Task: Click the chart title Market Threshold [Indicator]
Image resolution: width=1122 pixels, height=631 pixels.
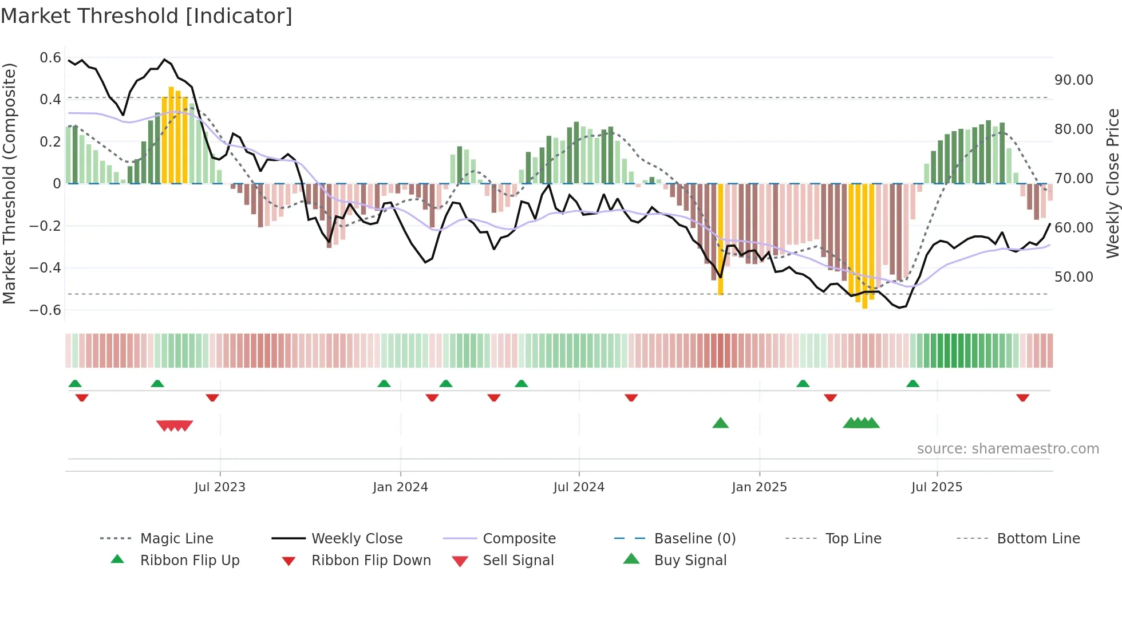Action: tap(147, 16)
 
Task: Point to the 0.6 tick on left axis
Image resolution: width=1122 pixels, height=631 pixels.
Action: tap(50, 58)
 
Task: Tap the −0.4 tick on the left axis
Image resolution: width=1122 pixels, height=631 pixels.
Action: tap(45, 268)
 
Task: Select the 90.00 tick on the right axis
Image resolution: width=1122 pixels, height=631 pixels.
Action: tap(1074, 80)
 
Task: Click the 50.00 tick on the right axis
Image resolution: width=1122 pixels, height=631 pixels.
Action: tap(1074, 277)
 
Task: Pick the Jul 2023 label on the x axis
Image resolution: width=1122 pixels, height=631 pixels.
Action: tap(220, 487)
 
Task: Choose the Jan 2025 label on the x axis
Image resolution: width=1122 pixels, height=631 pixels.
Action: tap(759, 487)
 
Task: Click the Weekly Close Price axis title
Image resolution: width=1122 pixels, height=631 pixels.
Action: tap(1112, 183)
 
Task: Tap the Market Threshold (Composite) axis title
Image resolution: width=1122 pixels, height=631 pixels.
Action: tap(9, 183)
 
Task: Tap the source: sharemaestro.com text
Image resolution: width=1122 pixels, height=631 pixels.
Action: tap(1008, 449)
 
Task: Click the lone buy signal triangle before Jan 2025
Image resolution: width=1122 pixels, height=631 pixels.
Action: tap(720, 423)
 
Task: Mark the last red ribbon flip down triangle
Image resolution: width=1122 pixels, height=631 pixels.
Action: tap(1022, 397)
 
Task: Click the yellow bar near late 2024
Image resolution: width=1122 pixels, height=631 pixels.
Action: tap(720, 239)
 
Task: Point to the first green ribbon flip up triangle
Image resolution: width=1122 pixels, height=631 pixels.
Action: tap(75, 384)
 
